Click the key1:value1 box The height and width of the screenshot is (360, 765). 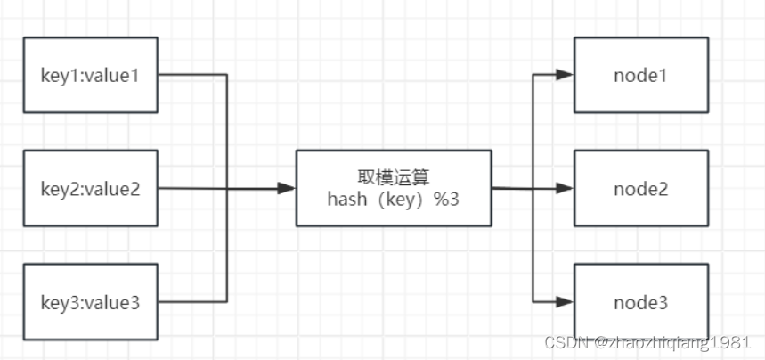[90, 75]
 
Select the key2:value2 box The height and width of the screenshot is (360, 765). [90, 188]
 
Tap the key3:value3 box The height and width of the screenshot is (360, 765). [90, 302]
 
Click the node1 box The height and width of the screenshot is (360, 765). [641, 75]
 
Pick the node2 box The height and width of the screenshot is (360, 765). [641, 188]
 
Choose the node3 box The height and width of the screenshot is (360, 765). [641, 302]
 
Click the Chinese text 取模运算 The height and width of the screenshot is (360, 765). [393, 176]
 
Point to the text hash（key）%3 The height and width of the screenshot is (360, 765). [393, 200]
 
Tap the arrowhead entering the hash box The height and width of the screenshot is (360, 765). [287, 188]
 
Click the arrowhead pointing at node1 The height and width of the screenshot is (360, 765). [565, 75]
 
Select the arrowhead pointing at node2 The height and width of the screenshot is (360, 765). [565, 188]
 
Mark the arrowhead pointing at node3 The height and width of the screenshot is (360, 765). [565, 302]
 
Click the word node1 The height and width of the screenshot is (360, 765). [641, 75]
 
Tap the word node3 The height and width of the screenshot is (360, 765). [641, 302]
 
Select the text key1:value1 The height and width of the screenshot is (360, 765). [90, 75]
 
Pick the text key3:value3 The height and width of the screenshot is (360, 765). [90, 302]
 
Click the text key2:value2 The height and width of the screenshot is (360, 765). [90, 188]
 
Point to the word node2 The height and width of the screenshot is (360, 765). [641, 188]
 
